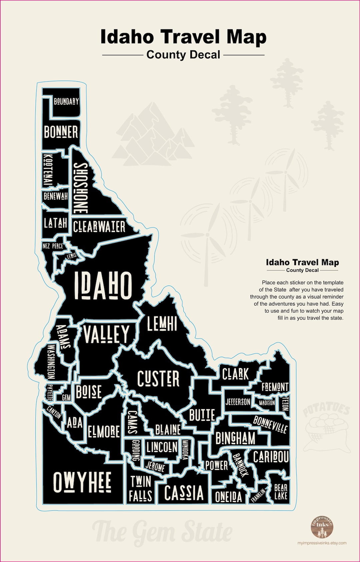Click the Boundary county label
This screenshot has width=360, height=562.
[66, 101]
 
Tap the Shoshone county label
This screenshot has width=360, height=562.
[80, 188]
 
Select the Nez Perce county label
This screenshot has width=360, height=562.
[53, 246]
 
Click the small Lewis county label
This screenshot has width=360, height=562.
[71, 256]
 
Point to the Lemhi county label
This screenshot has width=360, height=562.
[162, 323]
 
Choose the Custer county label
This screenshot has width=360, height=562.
[158, 379]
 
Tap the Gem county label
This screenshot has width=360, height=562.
[66, 397]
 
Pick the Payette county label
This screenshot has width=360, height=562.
[50, 392]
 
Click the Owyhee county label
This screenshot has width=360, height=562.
[82, 482]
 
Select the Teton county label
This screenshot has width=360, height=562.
[285, 403]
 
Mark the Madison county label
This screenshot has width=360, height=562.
[267, 403]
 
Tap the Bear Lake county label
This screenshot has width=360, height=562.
[281, 492]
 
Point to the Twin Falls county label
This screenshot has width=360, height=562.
[141, 489]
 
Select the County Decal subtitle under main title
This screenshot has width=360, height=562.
[183, 55]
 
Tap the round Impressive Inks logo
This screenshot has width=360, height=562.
[322, 527]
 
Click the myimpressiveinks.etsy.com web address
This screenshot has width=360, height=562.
[322, 543]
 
